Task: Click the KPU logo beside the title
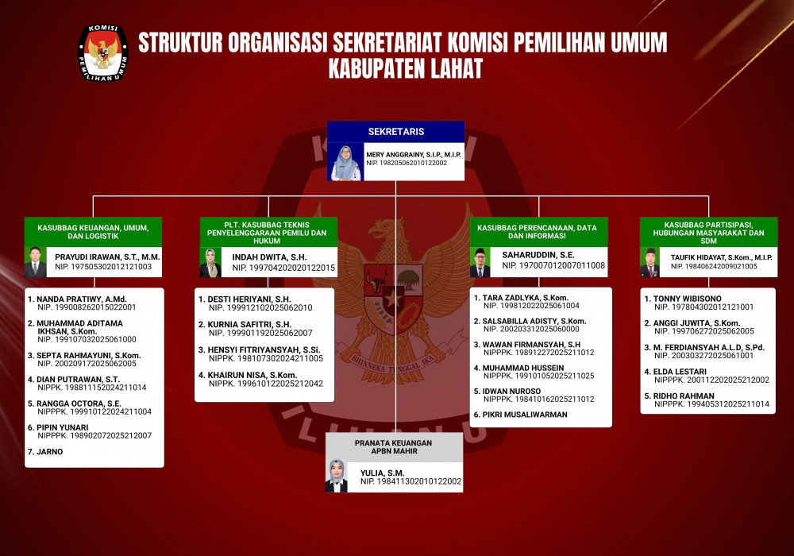click(102, 53)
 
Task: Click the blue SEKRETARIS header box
click(396, 132)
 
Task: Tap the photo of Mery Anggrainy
click(346, 162)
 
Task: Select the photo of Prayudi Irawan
click(36, 262)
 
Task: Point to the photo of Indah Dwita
click(210, 262)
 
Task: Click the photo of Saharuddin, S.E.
click(480, 262)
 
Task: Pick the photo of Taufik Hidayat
click(649, 262)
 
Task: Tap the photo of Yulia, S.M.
click(336, 476)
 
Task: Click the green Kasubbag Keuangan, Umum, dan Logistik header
click(93, 232)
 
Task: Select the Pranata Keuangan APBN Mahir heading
click(394, 446)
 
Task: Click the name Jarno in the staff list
click(49, 452)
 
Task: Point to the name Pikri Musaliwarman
click(525, 415)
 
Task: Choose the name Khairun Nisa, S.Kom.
click(252, 375)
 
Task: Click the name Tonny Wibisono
click(687, 299)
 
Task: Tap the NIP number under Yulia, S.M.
click(410, 481)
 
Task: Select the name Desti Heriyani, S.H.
click(249, 299)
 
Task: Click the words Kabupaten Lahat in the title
click(406, 69)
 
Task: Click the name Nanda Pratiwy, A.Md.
click(82, 299)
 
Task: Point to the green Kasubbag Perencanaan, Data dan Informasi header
click(538, 232)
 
